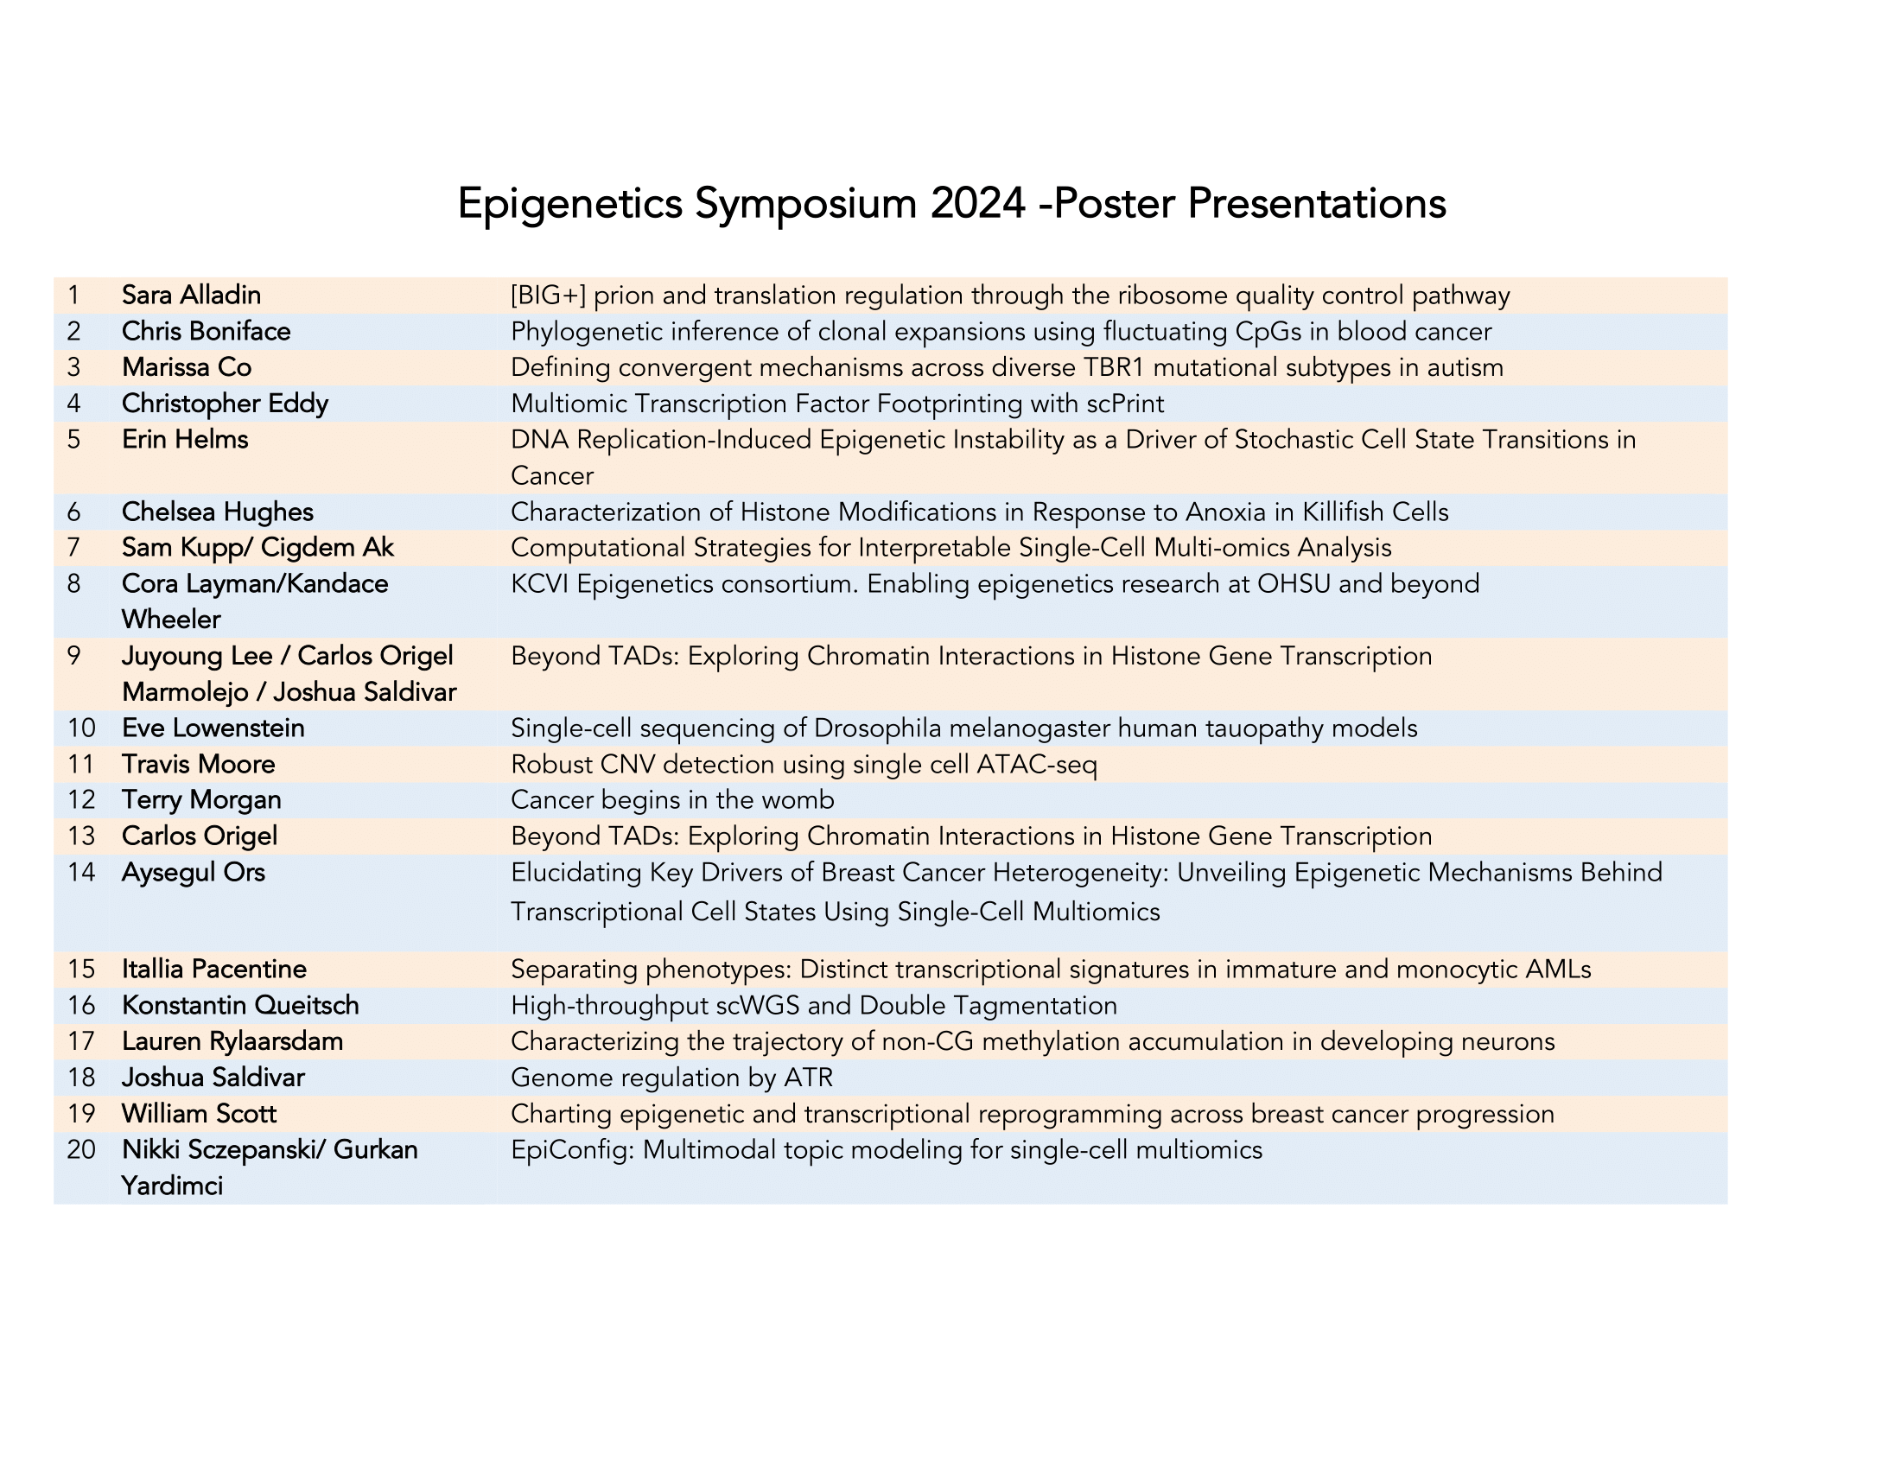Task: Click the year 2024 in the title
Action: [978, 204]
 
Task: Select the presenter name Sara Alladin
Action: [192, 295]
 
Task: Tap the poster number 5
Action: [74, 440]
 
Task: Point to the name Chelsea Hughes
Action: [218, 512]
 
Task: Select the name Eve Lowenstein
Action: [213, 728]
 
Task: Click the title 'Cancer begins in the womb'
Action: [672, 800]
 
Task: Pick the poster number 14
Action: [81, 872]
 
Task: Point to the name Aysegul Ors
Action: [194, 872]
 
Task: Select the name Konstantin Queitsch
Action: [240, 1005]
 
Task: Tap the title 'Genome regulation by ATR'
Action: [671, 1078]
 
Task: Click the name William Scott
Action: [200, 1114]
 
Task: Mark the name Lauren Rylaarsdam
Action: [232, 1042]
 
